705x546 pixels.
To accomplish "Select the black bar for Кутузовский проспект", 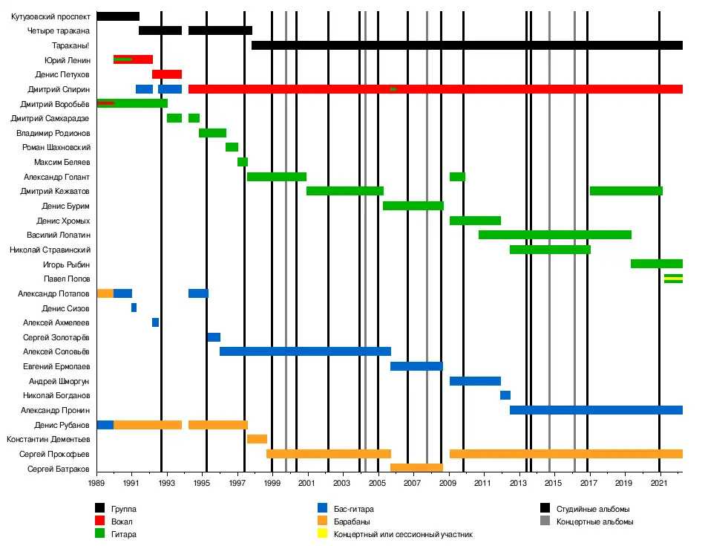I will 118,16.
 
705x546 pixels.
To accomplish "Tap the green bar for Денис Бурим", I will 413,206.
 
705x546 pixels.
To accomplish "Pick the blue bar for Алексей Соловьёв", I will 305,351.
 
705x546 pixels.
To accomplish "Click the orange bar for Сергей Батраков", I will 416,468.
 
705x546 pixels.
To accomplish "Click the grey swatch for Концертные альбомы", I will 545,521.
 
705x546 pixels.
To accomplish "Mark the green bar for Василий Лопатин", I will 555,235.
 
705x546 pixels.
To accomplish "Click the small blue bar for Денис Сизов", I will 134,308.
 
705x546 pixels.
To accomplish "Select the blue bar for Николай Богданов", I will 505,395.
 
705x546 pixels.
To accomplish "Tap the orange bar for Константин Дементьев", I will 257,439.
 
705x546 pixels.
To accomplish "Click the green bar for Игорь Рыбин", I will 656,264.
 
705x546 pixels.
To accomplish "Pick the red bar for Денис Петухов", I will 167,74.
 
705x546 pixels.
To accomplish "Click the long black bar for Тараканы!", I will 467,45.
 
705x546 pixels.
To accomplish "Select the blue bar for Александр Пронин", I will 596,410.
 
